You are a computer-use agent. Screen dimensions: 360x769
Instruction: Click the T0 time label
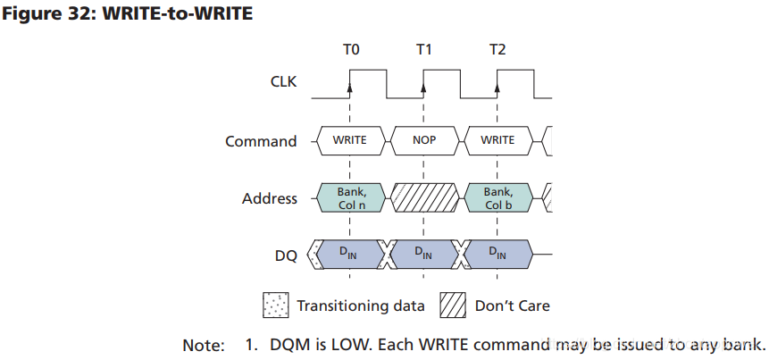point(351,49)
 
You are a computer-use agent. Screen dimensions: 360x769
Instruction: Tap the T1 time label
point(424,49)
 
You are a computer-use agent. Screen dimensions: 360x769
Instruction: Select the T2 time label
point(497,49)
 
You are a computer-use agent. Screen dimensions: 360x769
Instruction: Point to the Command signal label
point(261,141)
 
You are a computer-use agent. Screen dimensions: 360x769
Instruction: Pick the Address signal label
point(269,198)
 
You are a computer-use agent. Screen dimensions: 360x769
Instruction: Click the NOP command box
point(424,140)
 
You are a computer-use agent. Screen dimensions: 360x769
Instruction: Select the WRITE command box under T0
point(350,140)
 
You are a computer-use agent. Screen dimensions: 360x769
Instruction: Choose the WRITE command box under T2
point(497,140)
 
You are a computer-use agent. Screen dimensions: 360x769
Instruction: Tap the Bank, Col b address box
point(497,197)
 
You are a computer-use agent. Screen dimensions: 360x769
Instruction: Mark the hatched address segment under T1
point(424,197)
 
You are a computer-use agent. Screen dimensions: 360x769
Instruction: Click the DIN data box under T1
point(424,255)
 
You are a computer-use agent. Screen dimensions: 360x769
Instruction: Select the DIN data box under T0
point(350,255)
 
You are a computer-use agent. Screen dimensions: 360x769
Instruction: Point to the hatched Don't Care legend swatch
point(453,306)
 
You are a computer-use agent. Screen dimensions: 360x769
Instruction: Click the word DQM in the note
point(280,345)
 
